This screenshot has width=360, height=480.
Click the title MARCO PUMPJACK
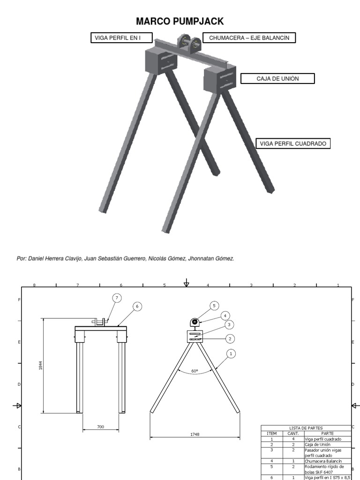(x=180, y=21)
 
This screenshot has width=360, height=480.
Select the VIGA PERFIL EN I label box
(x=117, y=37)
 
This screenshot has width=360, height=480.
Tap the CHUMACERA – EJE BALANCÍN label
(x=249, y=37)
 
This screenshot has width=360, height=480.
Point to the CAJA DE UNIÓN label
(x=277, y=78)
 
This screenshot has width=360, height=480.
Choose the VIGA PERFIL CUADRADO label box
(x=293, y=144)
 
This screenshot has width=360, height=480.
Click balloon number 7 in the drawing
(x=117, y=298)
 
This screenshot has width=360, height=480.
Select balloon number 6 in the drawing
(x=137, y=306)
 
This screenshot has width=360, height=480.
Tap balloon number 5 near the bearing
(x=214, y=306)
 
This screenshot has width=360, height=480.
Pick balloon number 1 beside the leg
(x=231, y=352)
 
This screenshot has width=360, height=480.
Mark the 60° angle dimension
(x=195, y=371)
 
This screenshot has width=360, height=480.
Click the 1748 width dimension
(x=195, y=435)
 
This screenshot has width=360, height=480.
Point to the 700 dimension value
(x=101, y=427)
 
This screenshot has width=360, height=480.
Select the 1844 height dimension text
(x=40, y=365)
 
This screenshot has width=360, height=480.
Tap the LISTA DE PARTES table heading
(x=306, y=428)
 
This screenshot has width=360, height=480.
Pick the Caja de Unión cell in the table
(x=318, y=444)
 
